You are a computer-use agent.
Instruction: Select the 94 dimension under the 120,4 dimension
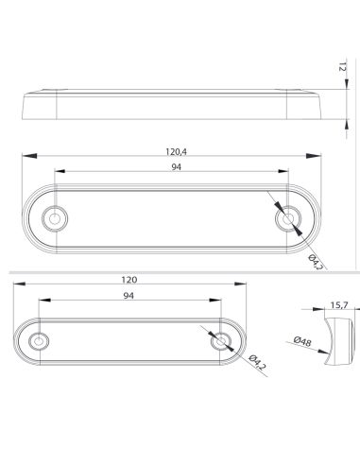coord(177,166)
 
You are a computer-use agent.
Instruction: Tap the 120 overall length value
coord(129,280)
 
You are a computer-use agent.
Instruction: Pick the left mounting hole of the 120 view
coord(39,340)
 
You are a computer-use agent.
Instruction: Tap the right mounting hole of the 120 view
coord(221,340)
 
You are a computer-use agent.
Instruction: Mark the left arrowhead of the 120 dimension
coord(19,285)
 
